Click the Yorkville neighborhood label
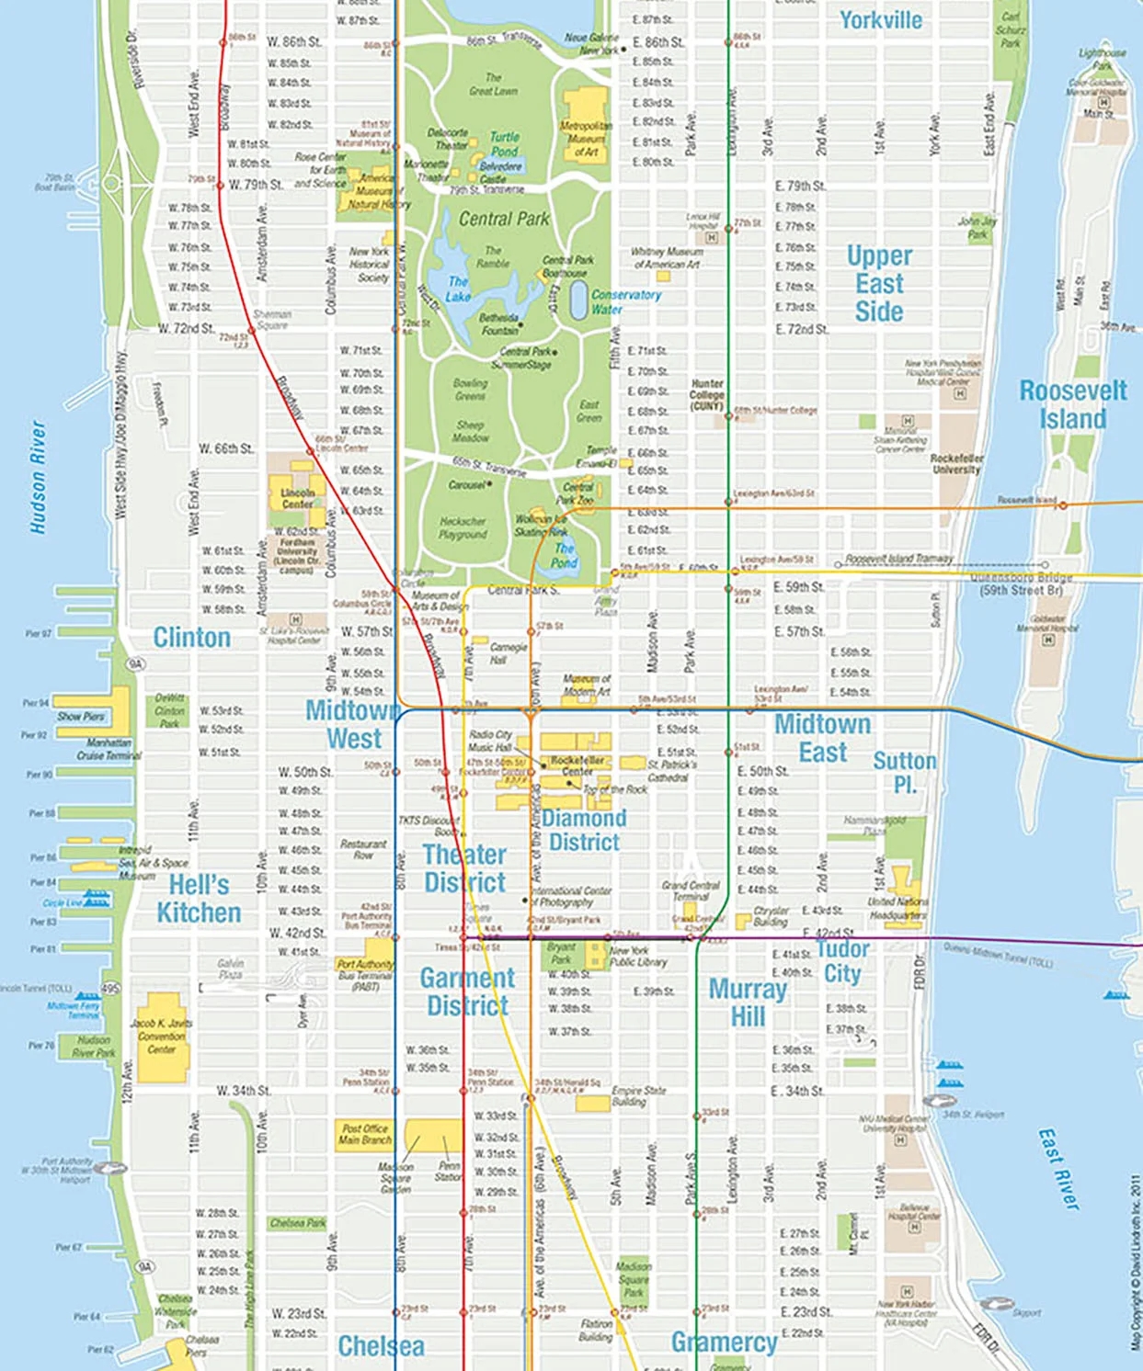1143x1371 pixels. point(880,20)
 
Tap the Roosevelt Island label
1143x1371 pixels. point(1072,404)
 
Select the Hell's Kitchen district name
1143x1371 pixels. point(199,899)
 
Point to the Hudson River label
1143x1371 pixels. point(38,477)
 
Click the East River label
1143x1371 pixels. point(1059,1169)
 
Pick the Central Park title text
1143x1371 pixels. point(503,219)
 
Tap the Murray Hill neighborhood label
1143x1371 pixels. point(748,1003)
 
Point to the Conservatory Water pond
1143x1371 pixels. point(578,300)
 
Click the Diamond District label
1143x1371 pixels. point(584,830)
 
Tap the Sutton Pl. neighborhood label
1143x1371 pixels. point(904,772)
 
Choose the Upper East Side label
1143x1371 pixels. point(879,283)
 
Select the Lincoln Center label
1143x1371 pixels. point(297,498)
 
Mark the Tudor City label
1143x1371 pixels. point(841,960)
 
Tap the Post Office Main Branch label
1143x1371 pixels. point(364,1134)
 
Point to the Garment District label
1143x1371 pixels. point(467,991)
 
